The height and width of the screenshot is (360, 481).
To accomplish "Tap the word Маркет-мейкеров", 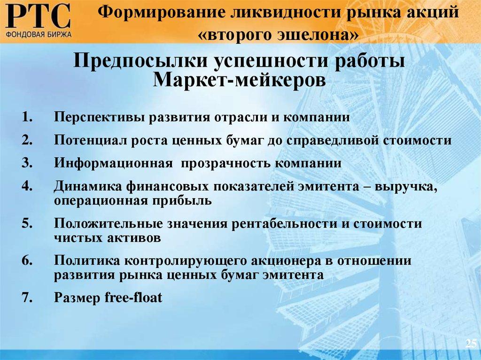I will (x=240, y=80).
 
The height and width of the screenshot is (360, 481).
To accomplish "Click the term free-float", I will (x=134, y=298).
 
